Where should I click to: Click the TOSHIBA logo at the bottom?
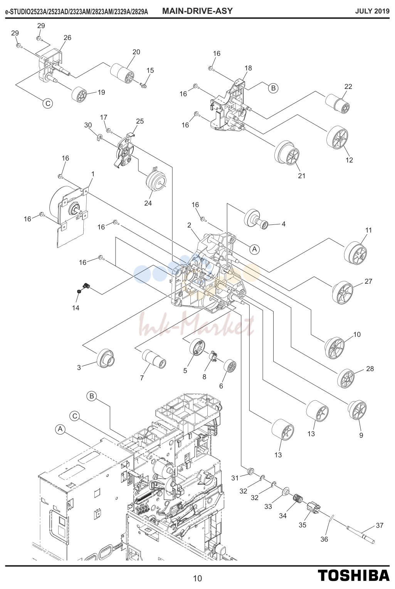354,575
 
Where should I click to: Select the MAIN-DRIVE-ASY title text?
197,11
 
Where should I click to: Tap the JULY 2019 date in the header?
372,11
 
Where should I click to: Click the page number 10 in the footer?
197,578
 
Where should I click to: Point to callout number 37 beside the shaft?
380,525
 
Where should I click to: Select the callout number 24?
148,203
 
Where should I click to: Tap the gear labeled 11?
355,253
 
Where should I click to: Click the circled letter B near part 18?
273,88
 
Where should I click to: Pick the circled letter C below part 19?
48,103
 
